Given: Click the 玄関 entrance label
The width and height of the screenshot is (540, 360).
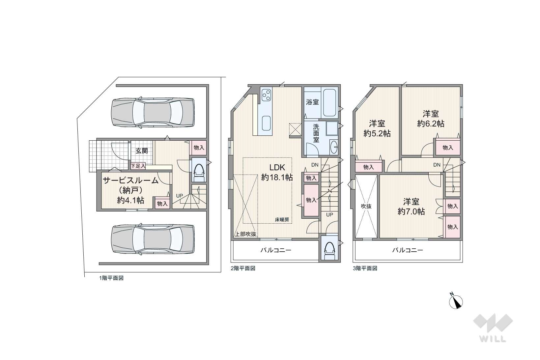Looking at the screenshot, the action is point(142,151).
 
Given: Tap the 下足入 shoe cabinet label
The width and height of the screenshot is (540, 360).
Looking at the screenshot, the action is point(138,166).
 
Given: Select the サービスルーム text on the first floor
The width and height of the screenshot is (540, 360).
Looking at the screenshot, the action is point(130,180).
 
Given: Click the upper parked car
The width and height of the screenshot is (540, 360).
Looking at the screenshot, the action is point(153,112).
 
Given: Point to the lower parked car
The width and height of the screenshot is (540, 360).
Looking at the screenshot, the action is point(153,239).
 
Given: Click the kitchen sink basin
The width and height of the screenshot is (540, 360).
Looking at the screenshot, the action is point(266,123).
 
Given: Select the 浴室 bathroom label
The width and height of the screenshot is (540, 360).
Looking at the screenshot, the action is point(312,102).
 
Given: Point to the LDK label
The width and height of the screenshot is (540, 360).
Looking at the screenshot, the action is point(277,167).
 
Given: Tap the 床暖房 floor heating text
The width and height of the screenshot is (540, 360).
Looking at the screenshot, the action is point(282,220).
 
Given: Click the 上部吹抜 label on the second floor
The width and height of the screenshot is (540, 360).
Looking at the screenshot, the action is point(245,234).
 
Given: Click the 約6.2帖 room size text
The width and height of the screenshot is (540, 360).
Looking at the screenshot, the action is point(431,124).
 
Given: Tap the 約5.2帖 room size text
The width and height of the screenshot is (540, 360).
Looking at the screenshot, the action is point(377,133).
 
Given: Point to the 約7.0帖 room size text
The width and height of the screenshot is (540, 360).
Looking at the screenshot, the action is point(411,211).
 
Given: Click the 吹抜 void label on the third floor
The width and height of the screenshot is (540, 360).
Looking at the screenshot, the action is point(366,206).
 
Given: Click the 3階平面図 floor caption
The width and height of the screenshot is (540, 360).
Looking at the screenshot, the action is point(365,268).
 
